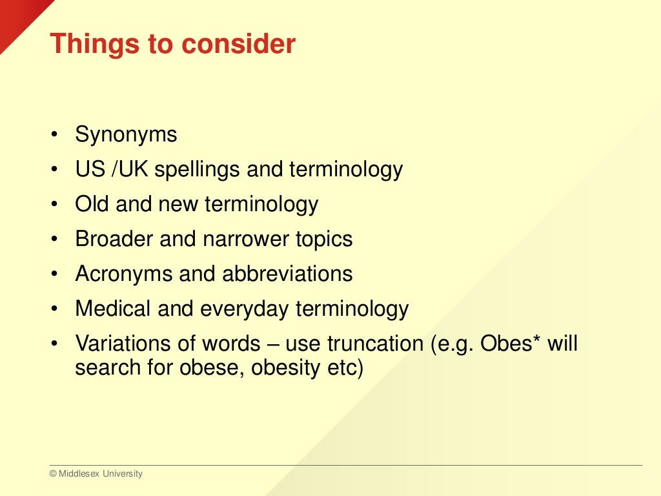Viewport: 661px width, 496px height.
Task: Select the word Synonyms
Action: (126, 135)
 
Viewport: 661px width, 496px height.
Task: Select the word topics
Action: (324, 240)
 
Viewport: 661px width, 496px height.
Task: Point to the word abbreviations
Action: (287, 274)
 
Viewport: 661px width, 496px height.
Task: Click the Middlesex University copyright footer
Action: (96, 474)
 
